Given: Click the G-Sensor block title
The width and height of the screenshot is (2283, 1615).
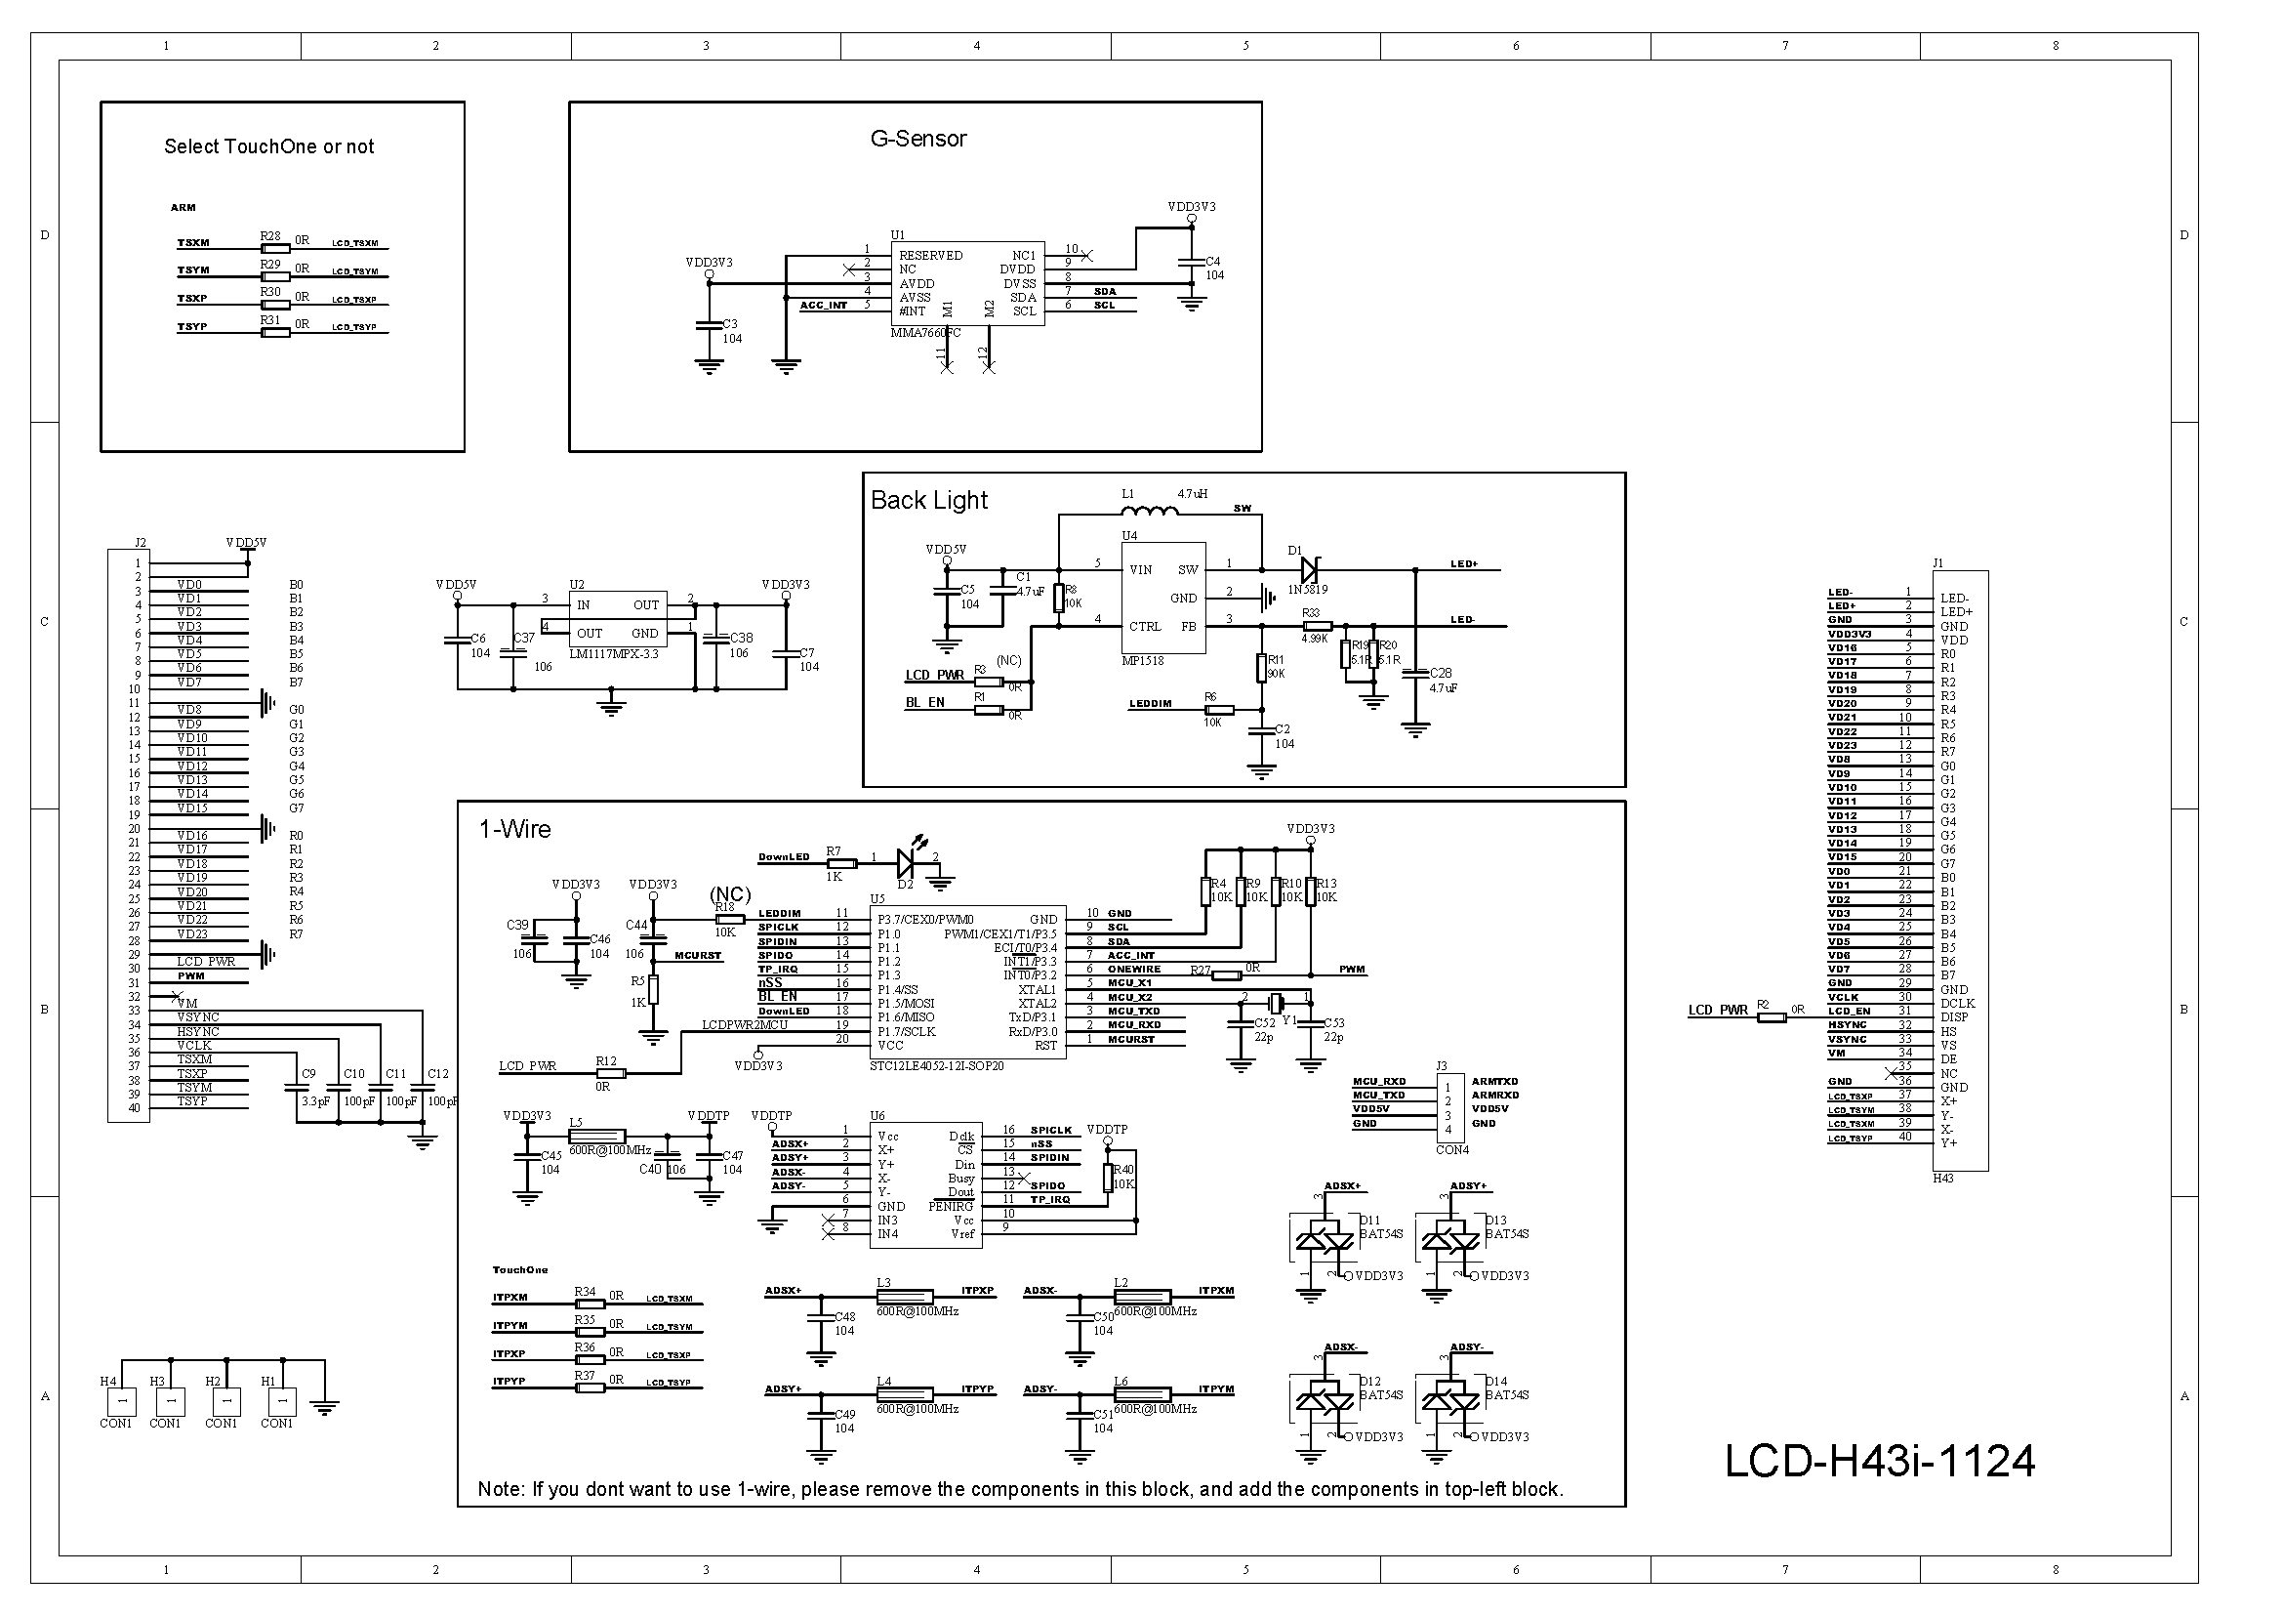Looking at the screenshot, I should click(x=917, y=139).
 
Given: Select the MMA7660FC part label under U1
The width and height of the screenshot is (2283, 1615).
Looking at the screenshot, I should click(x=924, y=332).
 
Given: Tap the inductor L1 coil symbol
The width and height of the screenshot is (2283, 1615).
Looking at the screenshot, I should click(x=1150, y=511).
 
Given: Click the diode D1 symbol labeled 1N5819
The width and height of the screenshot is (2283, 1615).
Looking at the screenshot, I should click(x=1309, y=570).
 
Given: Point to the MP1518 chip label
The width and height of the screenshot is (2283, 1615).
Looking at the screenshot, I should click(x=1143, y=660).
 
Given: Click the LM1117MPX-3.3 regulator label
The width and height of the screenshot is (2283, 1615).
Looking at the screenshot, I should click(x=614, y=653).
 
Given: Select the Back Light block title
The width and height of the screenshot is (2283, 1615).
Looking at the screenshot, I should click(x=928, y=500).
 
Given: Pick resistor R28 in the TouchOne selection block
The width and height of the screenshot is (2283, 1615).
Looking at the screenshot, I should click(x=275, y=249).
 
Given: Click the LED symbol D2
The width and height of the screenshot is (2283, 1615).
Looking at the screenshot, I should click(x=908, y=862).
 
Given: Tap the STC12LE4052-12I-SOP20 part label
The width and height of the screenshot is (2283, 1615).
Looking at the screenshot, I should click(x=937, y=1065).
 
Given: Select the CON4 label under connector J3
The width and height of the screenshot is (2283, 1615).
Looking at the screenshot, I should click(x=1451, y=1149).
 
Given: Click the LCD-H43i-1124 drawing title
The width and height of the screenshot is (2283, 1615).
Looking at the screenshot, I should click(x=1879, y=1461).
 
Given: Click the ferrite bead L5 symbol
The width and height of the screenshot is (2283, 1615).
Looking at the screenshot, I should click(x=596, y=1136).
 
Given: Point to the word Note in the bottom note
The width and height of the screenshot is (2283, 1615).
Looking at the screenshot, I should click(x=500, y=1489).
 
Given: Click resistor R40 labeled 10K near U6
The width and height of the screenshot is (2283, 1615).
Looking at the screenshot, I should click(x=1108, y=1178).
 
